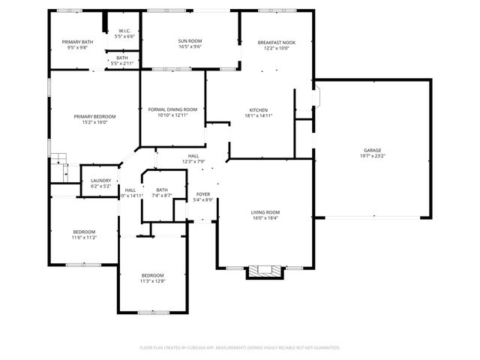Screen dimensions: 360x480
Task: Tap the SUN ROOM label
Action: pos(190,40)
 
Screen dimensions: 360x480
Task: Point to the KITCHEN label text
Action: pos(258,110)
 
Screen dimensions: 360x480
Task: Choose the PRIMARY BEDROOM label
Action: pos(94,116)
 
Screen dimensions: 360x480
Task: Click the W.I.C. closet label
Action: pos(124,31)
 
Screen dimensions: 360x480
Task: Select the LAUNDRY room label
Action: pos(100,180)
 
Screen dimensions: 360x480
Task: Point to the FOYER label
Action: pos(203,194)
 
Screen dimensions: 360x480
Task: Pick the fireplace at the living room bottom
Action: pos(265,272)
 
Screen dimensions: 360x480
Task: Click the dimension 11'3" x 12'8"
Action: pos(152,281)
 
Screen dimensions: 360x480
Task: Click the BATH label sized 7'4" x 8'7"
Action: pos(162,190)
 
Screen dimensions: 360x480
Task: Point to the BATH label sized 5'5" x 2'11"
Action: pos(122,58)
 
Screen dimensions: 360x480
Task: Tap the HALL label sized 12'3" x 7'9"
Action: pos(193,156)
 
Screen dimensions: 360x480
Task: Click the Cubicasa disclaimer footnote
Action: pos(240,347)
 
